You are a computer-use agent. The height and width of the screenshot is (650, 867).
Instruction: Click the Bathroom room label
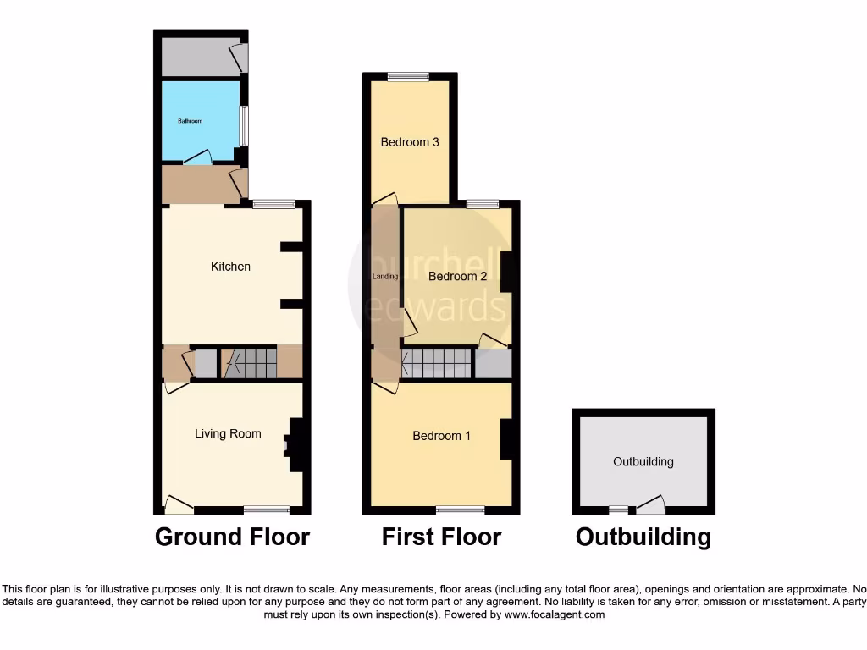pos(190,121)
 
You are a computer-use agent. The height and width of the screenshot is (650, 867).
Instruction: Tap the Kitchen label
pos(230,267)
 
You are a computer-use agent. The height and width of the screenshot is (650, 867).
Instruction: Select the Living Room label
pos(228,434)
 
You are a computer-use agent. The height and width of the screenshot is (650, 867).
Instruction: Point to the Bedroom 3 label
pos(410,142)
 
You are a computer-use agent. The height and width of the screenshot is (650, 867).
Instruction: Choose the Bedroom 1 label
pos(441,436)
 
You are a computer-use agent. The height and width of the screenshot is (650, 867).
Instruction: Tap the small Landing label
pos(385,276)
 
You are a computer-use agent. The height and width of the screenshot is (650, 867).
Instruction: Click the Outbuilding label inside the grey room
pos(643,461)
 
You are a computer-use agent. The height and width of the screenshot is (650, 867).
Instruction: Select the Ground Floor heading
pos(232,537)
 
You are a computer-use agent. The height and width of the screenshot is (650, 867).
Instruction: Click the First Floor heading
pos(441,537)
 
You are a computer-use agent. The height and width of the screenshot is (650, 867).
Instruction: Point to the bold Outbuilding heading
pos(643,537)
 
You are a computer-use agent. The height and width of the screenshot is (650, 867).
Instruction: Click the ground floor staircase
pos(249,364)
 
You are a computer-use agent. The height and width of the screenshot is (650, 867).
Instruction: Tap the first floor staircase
pos(437,364)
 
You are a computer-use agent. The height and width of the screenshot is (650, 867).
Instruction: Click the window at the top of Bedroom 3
pos(409,77)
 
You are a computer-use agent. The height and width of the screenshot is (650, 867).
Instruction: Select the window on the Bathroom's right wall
pos(244,125)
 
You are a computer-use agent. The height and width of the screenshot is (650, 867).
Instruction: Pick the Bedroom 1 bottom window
pos(461,510)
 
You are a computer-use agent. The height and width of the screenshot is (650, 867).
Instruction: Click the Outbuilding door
pos(650,505)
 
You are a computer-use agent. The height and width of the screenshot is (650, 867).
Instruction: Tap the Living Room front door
pos(178,505)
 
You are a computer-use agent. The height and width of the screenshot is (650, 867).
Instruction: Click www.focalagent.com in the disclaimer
pos(554,614)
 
